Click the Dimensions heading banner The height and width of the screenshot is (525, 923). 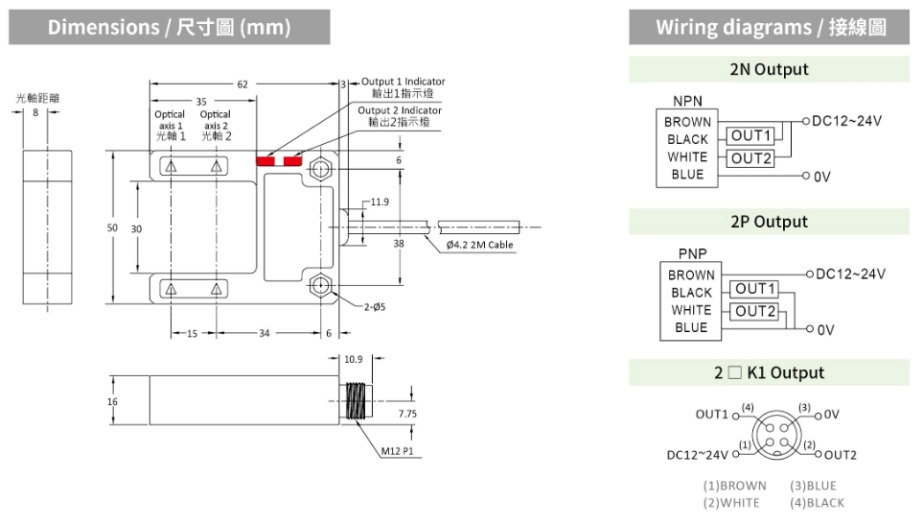click(x=169, y=27)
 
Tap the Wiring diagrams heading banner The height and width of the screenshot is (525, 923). click(x=770, y=27)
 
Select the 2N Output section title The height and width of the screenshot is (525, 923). click(x=769, y=69)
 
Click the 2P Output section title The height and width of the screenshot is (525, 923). click(x=769, y=222)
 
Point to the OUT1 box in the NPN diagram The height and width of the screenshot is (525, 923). click(x=751, y=136)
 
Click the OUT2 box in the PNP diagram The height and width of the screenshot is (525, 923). click(x=756, y=311)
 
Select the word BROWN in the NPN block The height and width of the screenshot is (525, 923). click(x=687, y=122)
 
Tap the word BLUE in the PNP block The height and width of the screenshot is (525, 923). click(x=690, y=327)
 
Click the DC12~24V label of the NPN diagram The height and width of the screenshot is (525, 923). click(x=846, y=121)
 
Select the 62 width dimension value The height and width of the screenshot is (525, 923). click(x=243, y=84)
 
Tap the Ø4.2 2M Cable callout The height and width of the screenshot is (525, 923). click(x=480, y=245)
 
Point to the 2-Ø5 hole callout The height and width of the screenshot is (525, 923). click(x=376, y=307)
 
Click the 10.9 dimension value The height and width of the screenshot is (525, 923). click(x=354, y=359)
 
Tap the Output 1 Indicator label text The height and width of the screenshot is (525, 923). click(x=403, y=82)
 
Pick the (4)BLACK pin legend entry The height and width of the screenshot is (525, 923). click(x=817, y=502)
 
